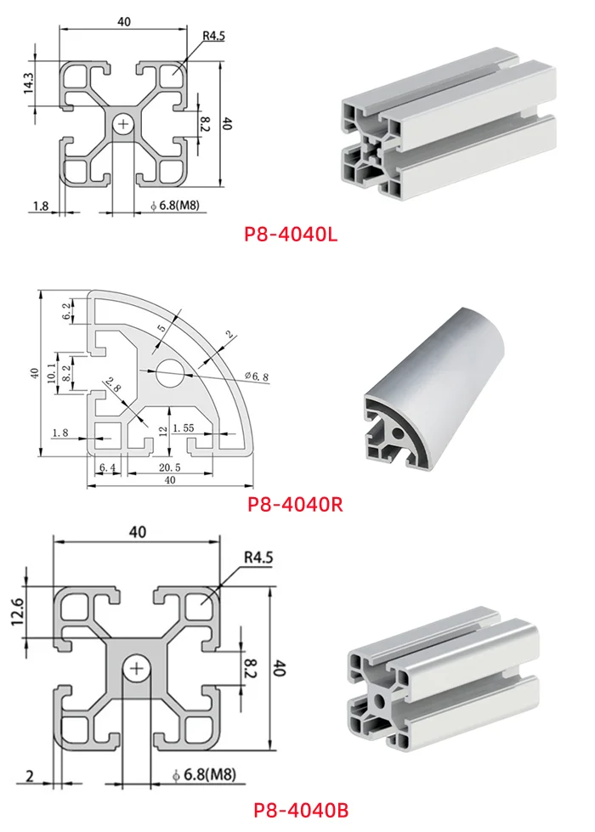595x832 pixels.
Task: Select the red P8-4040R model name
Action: pyautogui.click(x=295, y=505)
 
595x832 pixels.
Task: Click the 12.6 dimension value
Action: pyautogui.click(x=18, y=613)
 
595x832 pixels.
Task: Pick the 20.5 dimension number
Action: pyautogui.click(x=167, y=467)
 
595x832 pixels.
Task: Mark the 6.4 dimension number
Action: pyautogui.click(x=107, y=467)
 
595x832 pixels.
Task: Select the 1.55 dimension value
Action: pyautogui.click(x=185, y=429)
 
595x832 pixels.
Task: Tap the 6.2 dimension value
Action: pyautogui.click(x=67, y=311)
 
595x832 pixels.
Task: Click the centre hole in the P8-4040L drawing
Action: pyautogui.click(x=125, y=125)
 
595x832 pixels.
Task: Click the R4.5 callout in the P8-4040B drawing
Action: pyautogui.click(x=258, y=557)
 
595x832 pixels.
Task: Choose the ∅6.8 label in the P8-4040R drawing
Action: pyautogui.click(x=257, y=376)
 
